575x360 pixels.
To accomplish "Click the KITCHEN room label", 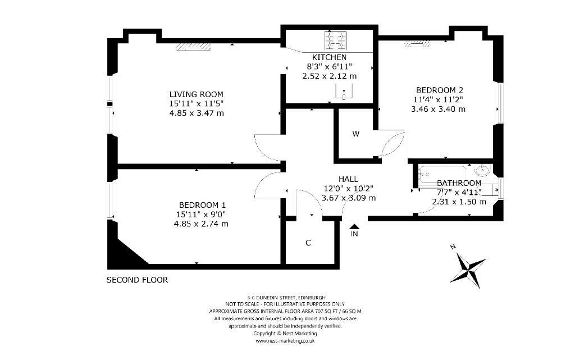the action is pyautogui.click(x=329, y=57).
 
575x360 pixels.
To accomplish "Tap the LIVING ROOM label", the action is pyautogui.click(x=196, y=94).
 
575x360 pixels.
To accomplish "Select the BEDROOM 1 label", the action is pyautogui.click(x=202, y=205).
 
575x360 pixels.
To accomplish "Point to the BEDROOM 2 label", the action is pyautogui.click(x=439, y=90).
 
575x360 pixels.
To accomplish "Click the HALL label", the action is pyautogui.click(x=348, y=179).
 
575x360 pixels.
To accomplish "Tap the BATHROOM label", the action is pyautogui.click(x=459, y=183).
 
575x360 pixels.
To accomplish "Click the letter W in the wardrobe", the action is pyautogui.click(x=355, y=134).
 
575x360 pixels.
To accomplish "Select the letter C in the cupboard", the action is pyautogui.click(x=308, y=243).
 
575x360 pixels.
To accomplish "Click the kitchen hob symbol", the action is pyautogui.click(x=335, y=40).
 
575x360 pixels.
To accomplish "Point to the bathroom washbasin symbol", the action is pyautogui.click(x=482, y=171).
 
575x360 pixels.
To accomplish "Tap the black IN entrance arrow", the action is pyautogui.click(x=354, y=227).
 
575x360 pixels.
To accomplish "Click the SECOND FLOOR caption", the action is pyautogui.click(x=137, y=280).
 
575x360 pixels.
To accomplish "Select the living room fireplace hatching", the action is pyautogui.click(x=194, y=46).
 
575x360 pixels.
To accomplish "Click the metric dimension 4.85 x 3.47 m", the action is pyautogui.click(x=196, y=113).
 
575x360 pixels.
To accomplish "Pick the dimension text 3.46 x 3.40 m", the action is pyautogui.click(x=438, y=109).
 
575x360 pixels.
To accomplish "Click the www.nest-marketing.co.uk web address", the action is pyautogui.click(x=285, y=341).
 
